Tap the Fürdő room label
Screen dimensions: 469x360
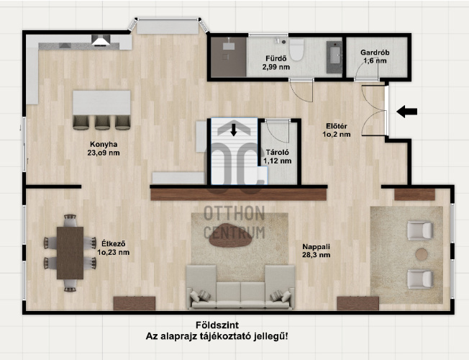[276, 58]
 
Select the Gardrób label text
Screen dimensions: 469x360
[375, 53]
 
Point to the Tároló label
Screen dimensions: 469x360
[277, 153]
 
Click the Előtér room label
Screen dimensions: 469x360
[337, 127]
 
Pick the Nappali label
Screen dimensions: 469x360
[317, 247]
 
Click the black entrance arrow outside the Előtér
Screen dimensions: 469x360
[407, 112]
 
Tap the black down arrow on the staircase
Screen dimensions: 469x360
[234, 130]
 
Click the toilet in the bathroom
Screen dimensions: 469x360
[296, 50]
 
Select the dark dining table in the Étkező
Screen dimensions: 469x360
[70, 253]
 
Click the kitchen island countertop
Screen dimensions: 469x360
[101, 103]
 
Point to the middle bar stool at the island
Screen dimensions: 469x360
[102, 122]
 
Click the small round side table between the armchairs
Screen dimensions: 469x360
[422, 254]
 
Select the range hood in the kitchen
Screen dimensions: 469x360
[101, 40]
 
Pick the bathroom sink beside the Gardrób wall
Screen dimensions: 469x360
[334, 57]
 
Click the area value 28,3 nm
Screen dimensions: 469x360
[317, 255]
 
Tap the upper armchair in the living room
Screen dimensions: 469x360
[420, 230]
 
